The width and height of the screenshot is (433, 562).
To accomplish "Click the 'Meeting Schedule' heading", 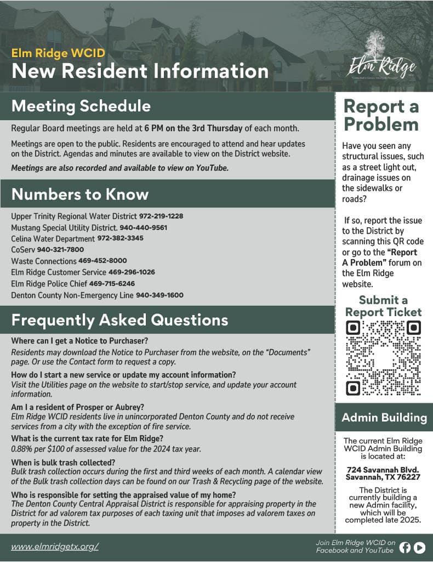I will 81,105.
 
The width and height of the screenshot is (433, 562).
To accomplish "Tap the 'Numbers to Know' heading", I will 80,194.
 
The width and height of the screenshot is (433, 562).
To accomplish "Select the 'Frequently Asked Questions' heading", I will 120,320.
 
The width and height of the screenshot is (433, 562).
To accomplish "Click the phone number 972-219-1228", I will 161,216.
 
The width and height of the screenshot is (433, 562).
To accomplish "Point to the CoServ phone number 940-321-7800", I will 60,250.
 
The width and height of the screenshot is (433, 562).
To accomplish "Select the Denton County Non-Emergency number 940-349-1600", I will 159,295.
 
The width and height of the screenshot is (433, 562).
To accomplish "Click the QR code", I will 384,358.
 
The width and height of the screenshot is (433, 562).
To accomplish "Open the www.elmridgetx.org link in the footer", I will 55,547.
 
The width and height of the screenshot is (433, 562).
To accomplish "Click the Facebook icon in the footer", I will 405,547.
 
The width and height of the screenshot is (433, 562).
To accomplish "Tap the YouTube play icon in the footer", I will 419,547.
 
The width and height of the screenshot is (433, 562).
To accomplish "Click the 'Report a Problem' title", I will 381,116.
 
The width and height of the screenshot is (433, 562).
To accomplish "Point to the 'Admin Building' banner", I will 384,418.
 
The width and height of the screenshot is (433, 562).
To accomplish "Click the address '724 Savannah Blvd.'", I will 383,469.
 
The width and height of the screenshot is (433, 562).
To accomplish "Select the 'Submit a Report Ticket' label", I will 384,306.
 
